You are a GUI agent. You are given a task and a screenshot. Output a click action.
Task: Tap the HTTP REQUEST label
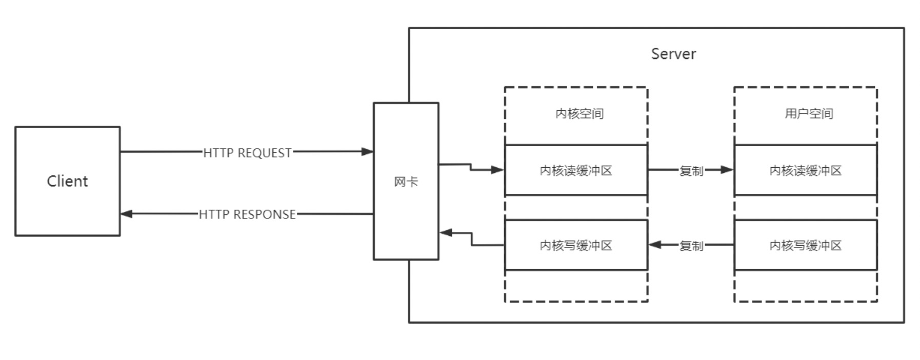click(247, 153)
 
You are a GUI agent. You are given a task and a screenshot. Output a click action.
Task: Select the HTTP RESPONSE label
click(247, 214)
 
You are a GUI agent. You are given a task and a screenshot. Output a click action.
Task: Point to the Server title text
click(673, 54)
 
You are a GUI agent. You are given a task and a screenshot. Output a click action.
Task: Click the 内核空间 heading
click(579, 114)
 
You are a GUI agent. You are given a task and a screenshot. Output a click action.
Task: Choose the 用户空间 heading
click(809, 114)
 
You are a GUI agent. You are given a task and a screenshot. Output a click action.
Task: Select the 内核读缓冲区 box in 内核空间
click(576, 170)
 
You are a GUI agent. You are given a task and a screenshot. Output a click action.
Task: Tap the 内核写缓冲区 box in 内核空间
click(576, 245)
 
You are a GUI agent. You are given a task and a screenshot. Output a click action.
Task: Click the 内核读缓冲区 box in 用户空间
click(805, 170)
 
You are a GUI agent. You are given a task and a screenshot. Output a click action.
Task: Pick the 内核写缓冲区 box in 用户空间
click(805, 245)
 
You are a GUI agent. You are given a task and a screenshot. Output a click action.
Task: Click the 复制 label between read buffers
click(691, 171)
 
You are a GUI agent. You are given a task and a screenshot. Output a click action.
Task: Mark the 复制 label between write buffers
click(691, 246)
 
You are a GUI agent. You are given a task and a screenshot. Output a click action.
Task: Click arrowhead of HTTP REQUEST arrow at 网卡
click(367, 151)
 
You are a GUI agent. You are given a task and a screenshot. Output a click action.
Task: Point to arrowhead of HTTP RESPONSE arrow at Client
click(127, 214)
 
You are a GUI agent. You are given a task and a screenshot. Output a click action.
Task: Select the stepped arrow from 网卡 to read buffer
click(471, 167)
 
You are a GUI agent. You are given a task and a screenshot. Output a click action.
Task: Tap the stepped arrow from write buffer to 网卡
click(472, 239)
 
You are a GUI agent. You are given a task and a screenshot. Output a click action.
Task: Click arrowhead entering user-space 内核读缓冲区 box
click(727, 170)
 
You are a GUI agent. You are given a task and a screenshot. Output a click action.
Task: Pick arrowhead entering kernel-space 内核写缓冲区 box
click(655, 245)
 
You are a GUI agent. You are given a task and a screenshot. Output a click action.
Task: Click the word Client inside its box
click(67, 181)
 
